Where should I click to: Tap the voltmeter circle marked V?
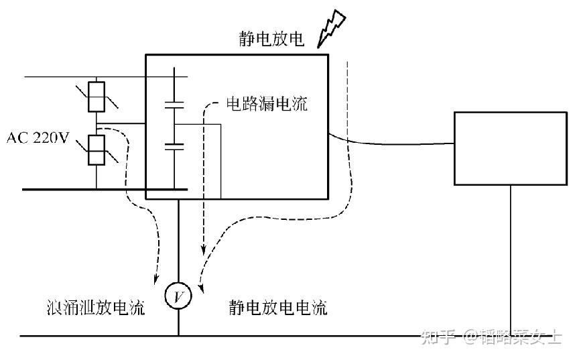tap(178, 296)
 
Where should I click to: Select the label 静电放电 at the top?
tap(271, 39)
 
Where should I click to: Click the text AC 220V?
tap(38, 138)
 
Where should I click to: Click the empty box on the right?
tap(511, 148)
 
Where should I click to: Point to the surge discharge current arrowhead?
tap(155, 278)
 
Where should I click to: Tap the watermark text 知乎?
tap(438, 337)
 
